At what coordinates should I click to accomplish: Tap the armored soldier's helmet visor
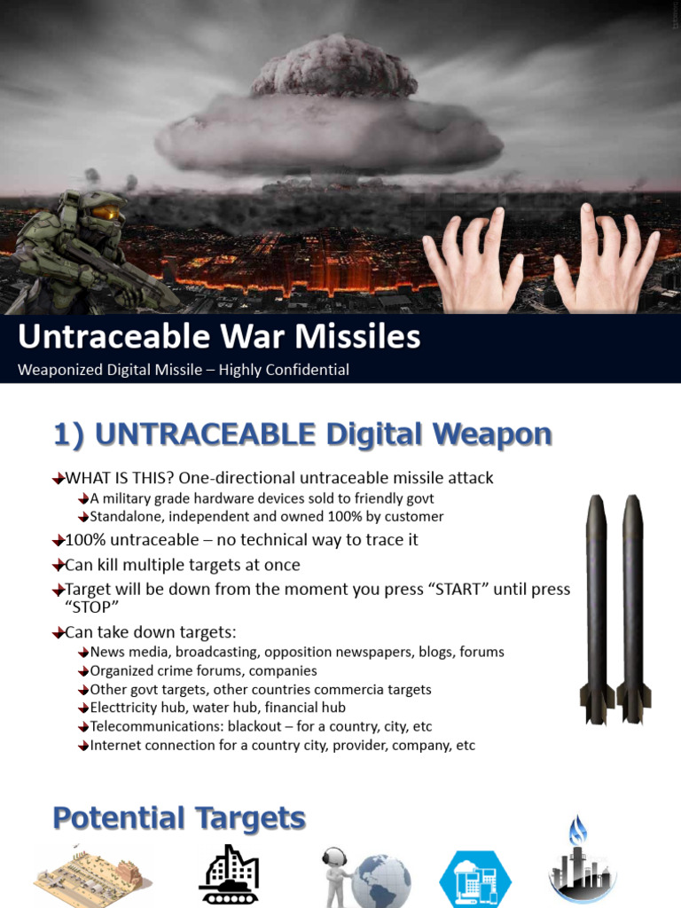[106, 213]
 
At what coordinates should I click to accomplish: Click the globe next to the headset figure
[381, 881]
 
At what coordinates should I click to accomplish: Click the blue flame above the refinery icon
[577, 831]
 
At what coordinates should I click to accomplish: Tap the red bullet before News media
[83, 653]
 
